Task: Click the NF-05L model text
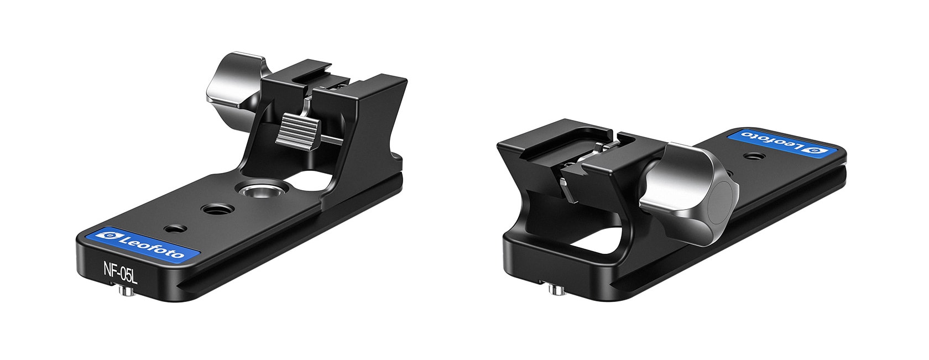coord(120,272)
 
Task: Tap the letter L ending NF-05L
coord(134,275)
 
